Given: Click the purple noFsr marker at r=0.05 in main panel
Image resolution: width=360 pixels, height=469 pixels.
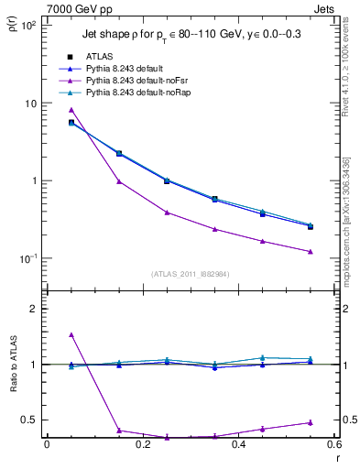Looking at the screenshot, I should pos(71,110).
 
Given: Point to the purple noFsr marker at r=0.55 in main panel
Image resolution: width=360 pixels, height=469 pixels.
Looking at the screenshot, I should pos(311,252).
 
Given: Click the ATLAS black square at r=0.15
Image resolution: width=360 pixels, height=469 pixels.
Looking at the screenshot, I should pos(119,153).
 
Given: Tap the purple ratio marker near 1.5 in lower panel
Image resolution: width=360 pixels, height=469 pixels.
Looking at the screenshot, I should pos(71,335).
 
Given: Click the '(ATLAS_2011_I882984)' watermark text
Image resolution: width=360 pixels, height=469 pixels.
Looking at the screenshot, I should pos(190,273).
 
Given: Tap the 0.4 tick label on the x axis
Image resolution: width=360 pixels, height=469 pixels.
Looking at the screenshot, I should pos(238,446).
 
